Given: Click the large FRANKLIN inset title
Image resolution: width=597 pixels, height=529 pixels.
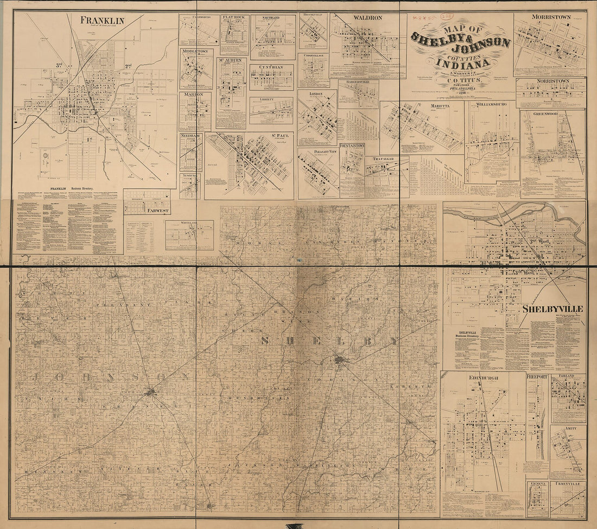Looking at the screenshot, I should (102, 20).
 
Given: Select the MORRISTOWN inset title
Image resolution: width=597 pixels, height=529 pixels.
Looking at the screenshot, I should (550, 17).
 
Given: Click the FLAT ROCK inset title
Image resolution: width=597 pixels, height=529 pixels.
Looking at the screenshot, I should (234, 17).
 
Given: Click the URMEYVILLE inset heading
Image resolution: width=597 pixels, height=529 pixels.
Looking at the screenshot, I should (568, 483).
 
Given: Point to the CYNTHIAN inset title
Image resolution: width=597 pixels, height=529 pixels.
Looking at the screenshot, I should (271, 67).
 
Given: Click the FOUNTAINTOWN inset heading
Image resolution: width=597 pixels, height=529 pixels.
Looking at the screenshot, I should (352, 146).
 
